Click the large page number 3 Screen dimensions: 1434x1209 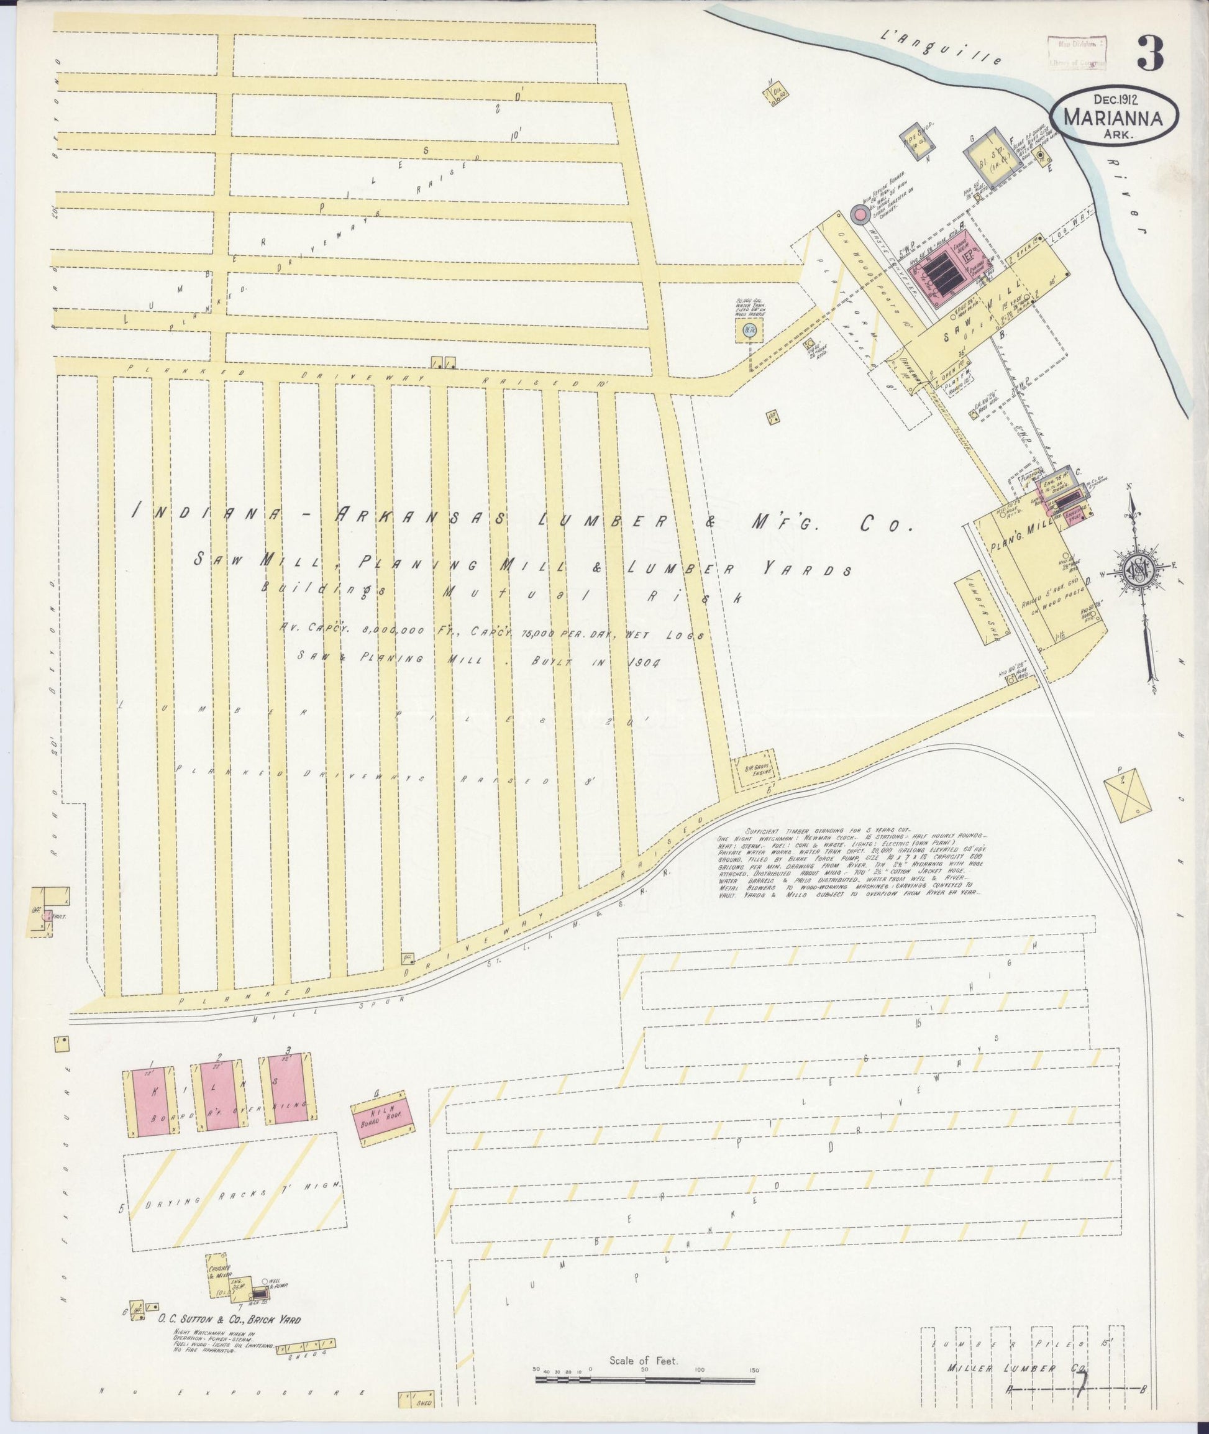[x=1149, y=53]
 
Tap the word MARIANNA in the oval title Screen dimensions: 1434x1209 [x=1113, y=118]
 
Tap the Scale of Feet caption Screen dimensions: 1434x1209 [x=644, y=1361]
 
